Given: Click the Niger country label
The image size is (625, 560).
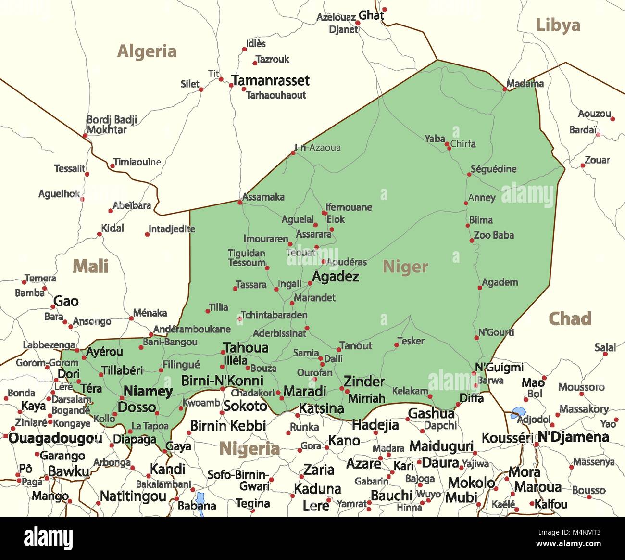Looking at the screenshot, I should click(405, 267).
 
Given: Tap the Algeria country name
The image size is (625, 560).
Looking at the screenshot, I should click(147, 51).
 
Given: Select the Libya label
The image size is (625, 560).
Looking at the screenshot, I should click(558, 25).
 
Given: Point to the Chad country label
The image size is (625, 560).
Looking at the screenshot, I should click(570, 318).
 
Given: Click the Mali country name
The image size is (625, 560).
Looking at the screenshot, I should click(90, 266).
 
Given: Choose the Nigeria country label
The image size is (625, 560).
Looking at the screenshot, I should click(249, 449).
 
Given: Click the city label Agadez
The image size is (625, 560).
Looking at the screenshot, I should click(336, 277).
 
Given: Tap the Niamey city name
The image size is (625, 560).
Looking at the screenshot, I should click(148, 391).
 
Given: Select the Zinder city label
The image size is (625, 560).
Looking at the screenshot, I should click(364, 382).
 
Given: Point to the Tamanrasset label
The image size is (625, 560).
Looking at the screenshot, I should click(271, 80).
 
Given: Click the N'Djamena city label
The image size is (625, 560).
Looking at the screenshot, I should click(573, 437).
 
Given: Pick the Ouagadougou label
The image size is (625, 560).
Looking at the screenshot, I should click(55, 439).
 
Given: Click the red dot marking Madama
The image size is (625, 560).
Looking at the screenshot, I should click(505, 89).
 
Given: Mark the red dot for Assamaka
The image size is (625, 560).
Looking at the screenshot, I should click(239, 202).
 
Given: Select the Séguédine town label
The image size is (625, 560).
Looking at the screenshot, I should click(493, 169).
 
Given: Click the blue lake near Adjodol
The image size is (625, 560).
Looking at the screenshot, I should click(518, 412).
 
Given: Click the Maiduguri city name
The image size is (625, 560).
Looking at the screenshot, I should click(441, 446).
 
